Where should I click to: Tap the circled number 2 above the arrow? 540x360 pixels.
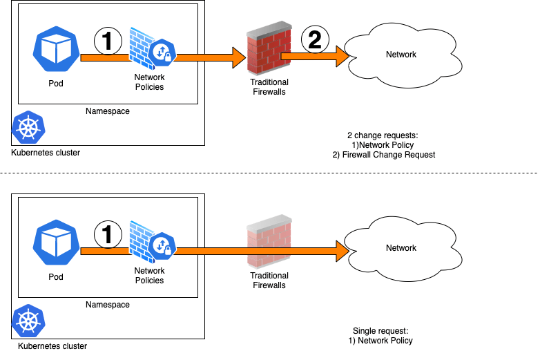[315, 40]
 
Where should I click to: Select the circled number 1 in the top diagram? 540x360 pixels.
[108, 41]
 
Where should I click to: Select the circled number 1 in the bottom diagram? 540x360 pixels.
[108, 234]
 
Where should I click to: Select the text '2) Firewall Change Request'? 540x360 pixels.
[384, 155]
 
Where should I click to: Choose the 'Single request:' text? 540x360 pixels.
[380, 331]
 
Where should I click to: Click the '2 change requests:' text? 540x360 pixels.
[382, 135]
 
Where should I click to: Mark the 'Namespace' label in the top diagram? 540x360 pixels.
[107, 111]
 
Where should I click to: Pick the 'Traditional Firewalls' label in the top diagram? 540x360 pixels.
[269, 87]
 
